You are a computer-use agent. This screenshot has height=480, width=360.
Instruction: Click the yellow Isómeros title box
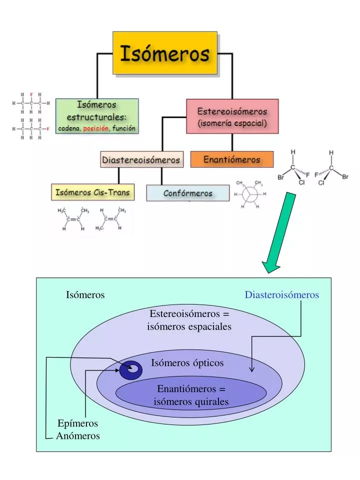tap(165, 53)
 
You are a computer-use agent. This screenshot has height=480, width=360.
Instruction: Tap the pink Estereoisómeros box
tap(232, 116)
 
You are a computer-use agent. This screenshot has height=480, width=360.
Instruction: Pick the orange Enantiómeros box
tap(232, 159)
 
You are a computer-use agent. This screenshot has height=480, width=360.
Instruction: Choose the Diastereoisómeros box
tap(141, 160)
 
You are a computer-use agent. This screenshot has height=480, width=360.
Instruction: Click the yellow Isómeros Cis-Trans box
tap(92, 192)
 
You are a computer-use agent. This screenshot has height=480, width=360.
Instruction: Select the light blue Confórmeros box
tap(187, 193)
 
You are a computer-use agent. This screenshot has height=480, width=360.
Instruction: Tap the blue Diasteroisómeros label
tap(281, 295)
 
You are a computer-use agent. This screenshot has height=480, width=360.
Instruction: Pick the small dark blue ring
tap(131, 369)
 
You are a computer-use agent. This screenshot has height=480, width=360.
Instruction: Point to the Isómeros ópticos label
tap(187, 363)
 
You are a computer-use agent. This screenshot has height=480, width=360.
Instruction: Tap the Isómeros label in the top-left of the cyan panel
tap(85, 295)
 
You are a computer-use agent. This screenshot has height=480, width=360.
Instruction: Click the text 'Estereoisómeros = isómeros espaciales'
tap(189, 320)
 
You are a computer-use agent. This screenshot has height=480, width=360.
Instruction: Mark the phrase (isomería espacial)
tap(232, 123)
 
